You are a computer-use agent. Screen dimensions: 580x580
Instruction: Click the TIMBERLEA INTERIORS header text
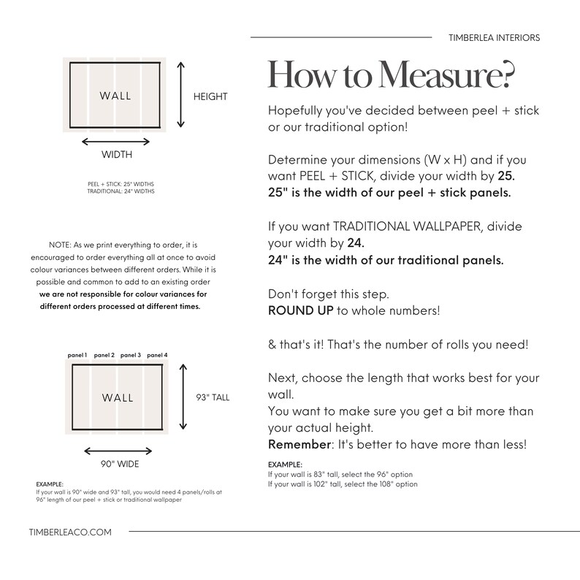click(494, 37)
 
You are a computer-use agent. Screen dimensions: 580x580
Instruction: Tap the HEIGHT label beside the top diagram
click(210, 96)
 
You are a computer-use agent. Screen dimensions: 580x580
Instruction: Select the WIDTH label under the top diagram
click(116, 155)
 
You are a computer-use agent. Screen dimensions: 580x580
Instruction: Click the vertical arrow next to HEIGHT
click(182, 95)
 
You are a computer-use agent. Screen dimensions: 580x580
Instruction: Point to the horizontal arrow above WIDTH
click(116, 142)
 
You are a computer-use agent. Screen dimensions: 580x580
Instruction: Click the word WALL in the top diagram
click(115, 96)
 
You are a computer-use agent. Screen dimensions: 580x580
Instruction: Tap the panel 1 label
click(77, 355)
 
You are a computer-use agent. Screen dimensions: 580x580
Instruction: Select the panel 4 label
click(157, 355)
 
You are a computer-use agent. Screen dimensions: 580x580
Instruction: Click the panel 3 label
click(131, 355)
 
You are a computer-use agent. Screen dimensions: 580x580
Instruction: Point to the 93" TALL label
click(213, 397)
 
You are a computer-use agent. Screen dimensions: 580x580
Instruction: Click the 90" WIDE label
click(120, 464)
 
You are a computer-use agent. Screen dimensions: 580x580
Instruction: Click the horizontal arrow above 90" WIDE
click(118, 451)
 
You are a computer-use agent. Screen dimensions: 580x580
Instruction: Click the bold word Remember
click(296, 445)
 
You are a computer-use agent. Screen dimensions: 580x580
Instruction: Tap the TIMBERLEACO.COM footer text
click(70, 533)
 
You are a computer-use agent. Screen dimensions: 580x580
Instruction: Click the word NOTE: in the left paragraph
click(61, 245)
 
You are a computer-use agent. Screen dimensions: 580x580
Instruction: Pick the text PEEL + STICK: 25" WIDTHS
click(121, 184)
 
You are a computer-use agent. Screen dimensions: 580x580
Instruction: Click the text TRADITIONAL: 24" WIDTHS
click(121, 191)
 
